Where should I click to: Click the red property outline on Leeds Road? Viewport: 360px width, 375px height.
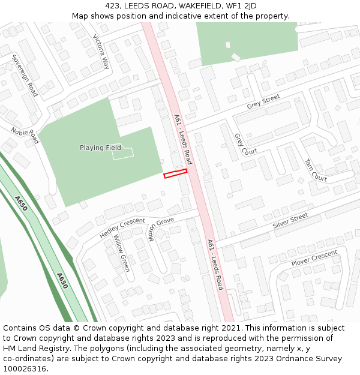click(x=175, y=173)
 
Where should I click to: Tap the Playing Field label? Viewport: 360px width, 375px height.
click(x=100, y=148)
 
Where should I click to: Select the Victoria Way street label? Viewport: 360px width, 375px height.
click(x=101, y=52)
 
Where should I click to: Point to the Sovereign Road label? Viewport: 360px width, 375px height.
click(x=25, y=75)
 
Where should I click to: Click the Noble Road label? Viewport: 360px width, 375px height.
click(x=25, y=135)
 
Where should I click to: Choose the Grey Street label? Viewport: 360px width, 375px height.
click(x=263, y=102)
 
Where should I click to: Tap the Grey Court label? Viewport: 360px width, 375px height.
click(x=245, y=145)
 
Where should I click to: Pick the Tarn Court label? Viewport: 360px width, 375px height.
click(x=316, y=170)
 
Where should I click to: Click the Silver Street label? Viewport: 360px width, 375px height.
click(x=290, y=220)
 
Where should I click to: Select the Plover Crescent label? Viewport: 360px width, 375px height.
click(x=314, y=259)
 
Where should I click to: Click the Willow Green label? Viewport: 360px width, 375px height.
click(x=122, y=253)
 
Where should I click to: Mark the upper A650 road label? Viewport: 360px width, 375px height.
click(x=20, y=204)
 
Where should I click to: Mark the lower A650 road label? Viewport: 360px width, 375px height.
click(x=62, y=281)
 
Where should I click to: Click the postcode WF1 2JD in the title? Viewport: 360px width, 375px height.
click(x=239, y=6)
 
